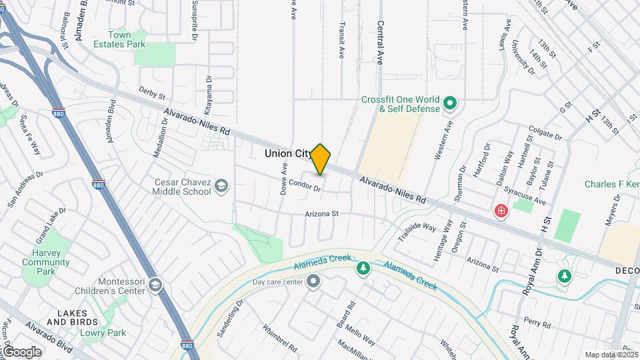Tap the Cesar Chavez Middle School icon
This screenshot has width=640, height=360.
222,187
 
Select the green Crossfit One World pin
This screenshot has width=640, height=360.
450,104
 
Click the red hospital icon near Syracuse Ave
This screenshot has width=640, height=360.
500,211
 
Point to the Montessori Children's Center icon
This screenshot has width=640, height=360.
155,285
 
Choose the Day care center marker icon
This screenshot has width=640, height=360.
313,282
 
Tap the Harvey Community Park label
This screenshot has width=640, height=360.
45,262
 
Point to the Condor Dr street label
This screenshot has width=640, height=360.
305,188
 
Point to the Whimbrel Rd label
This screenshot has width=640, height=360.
279,338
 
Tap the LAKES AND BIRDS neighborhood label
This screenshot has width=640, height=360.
73,317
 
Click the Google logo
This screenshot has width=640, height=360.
21,352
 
